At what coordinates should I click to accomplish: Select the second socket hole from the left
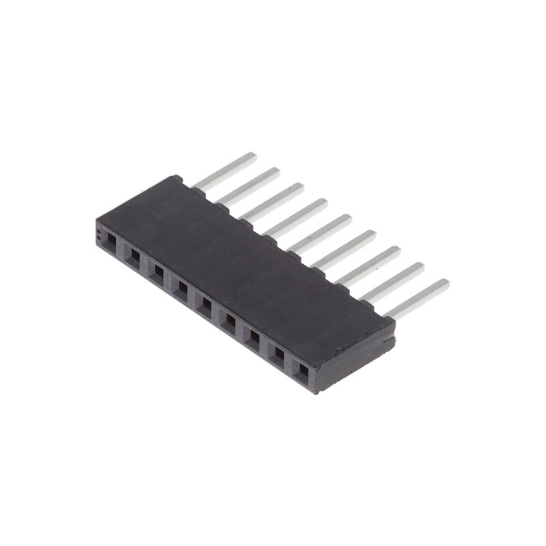click(134, 257)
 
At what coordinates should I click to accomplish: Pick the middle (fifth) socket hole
click(206, 305)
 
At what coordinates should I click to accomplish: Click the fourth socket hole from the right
click(230, 321)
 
